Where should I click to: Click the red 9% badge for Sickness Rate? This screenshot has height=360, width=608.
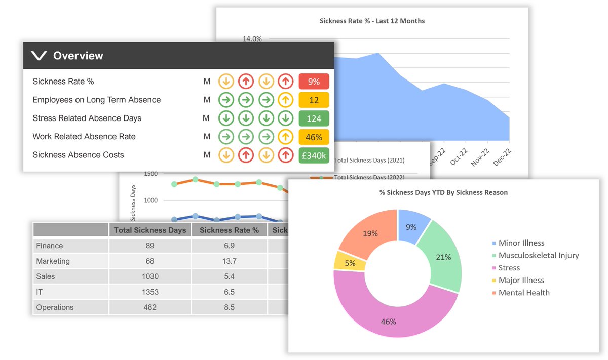coord(314,82)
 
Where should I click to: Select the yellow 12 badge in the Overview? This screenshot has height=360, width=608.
coord(314,100)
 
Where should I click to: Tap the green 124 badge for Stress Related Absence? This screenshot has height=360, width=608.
coord(314,118)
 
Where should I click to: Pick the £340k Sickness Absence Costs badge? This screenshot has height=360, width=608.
coord(314,155)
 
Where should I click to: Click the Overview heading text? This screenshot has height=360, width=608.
coord(78,56)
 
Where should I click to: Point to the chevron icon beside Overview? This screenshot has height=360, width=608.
coord(39,56)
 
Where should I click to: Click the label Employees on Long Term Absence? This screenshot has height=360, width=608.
coord(96,100)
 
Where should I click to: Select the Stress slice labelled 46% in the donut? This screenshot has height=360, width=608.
coord(389,321)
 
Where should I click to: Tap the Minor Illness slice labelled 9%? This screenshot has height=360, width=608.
coord(411,227)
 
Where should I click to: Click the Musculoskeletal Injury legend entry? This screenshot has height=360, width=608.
coord(539,255)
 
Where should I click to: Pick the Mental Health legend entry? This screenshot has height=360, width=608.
coord(524,293)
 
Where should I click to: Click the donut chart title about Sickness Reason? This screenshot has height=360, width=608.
coord(443,192)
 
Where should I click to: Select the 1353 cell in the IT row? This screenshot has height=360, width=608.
coord(150,292)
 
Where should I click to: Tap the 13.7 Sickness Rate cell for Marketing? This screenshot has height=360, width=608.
coord(229,261)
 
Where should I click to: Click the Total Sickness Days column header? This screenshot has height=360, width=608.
coord(150,230)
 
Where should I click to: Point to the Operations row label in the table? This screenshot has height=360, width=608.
coord(55,307)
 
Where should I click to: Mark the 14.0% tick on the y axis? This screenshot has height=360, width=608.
coord(252,39)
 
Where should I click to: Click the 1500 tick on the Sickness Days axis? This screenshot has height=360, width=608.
coord(151,174)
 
